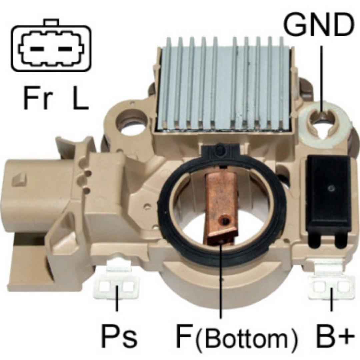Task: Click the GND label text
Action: (x=318, y=26)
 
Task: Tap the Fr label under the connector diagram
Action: (x=38, y=99)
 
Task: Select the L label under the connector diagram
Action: (x=80, y=99)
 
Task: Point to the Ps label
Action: (x=119, y=337)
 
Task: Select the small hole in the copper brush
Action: (x=227, y=220)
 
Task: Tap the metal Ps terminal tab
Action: (x=117, y=285)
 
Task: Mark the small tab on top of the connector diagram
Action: (x=51, y=22)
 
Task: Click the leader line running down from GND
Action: (x=322, y=77)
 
